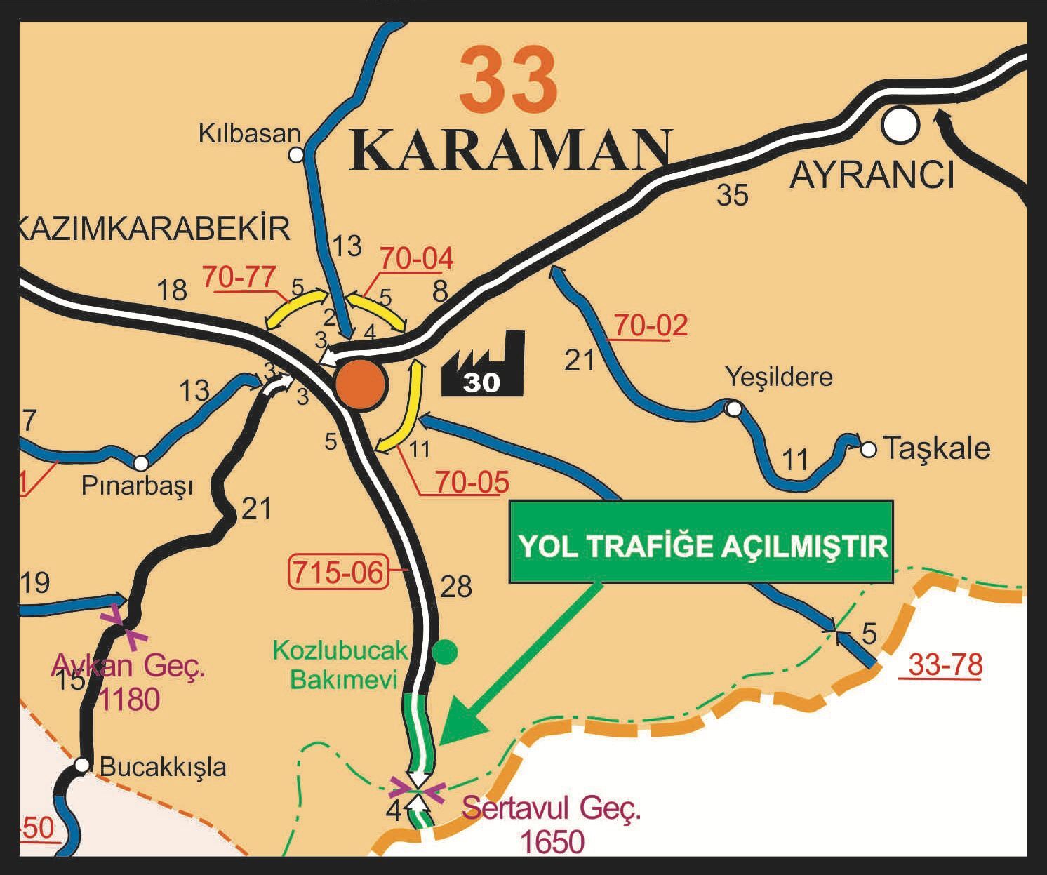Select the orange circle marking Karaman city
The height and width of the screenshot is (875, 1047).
(360, 384)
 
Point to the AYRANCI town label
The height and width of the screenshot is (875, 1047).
(872, 175)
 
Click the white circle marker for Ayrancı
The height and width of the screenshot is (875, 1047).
(900, 125)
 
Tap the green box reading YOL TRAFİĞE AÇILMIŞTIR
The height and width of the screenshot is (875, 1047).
(701, 542)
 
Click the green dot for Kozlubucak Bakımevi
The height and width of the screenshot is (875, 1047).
(444, 652)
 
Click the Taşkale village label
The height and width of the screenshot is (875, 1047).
(935, 448)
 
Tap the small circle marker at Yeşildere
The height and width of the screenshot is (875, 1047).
(733, 408)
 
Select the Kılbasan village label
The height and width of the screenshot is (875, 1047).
(249, 133)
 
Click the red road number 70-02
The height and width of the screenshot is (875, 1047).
(651, 326)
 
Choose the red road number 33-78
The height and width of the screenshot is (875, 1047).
(945, 664)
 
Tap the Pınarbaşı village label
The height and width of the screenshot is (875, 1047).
(137, 486)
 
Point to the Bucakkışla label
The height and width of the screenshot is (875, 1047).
(163, 767)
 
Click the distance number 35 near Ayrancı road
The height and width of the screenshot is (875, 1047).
(733, 195)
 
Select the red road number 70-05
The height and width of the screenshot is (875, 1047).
(472, 482)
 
